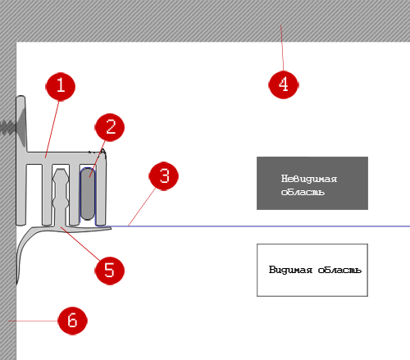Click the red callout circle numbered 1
pos(60,87)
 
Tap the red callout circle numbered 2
pos(110,127)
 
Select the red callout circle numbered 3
pos(164,175)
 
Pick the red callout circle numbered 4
pos(284,84)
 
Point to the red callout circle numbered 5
pos(109,271)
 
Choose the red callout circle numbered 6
pos(73,321)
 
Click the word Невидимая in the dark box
pos(309,179)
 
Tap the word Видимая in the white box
pos(290,270)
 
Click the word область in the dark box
pos(303,192)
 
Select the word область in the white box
pos(339,270)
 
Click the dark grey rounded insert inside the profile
pos(88,194)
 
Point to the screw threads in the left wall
pos(7,127)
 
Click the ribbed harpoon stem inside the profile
pos(61,198)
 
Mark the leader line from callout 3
pos(142,207)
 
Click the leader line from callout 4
pos(282,48)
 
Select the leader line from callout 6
pos(34,321)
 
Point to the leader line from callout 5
pos(80,244)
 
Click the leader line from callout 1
pos(52,130)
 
